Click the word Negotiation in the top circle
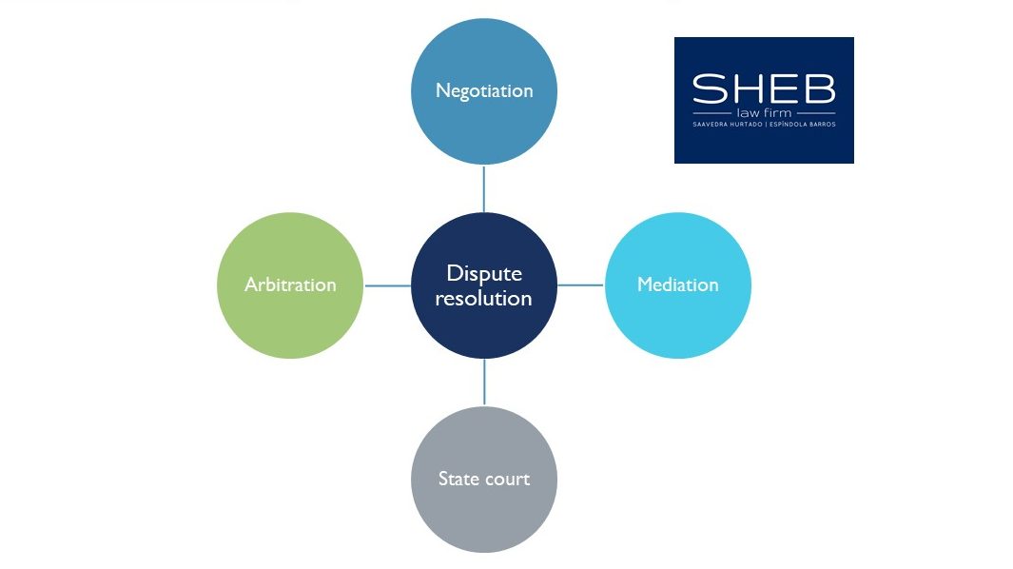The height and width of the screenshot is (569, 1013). coord(484,91)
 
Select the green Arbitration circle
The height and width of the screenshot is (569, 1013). coord(290,285)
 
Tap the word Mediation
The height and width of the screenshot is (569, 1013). coord(677,284)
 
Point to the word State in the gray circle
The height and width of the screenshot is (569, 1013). coord(458,479)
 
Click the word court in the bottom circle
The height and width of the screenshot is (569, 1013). coord(507,480)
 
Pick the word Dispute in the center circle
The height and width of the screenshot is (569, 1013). coord(484,274)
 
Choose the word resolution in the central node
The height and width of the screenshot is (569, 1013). coord(484,298)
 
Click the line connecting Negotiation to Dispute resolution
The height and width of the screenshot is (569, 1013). coord(484,188)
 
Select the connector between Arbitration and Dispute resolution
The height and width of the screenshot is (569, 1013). coord(388,285)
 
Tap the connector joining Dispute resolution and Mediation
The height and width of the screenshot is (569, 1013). coord(581,284)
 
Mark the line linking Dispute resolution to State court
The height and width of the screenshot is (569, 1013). coord(484,383)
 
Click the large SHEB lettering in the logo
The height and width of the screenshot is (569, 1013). coord(764,88)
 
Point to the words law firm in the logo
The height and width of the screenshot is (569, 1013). coord(765,112)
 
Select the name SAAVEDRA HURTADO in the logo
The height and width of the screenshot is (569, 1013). coord(728,124)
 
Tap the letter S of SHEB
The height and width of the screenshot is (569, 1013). coord(710,88)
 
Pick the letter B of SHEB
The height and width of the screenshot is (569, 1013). coord(820,88)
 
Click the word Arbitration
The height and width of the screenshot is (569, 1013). coord(290,284)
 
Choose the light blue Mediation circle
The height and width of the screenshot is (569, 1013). coord(677,285)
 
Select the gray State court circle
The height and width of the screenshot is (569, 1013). coord(484,480)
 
